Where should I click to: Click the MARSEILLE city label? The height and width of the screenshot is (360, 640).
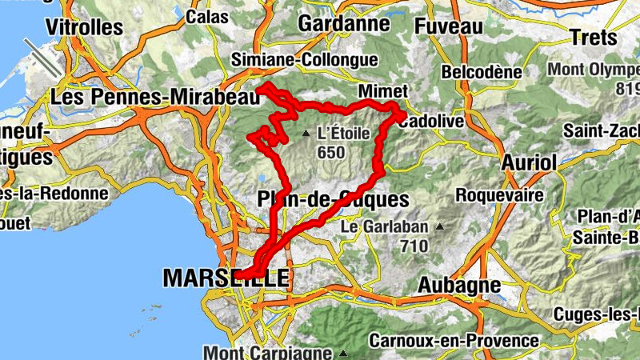[x=225, y=278]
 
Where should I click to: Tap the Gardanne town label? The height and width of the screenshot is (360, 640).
[x=343, y=24]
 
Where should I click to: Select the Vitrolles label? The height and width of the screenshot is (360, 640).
[x=83, y=26]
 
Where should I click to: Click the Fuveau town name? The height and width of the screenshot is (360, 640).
[x=449, y=26]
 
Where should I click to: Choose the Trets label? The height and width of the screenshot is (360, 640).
[x=594, y=37]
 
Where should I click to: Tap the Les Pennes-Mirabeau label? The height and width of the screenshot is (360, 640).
[x=155, y=97]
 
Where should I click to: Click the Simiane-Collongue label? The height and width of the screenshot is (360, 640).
[x=304, y=59]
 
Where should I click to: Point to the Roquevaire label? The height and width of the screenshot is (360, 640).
[x=499, y=194]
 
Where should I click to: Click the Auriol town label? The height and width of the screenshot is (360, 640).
[x=528, y=162]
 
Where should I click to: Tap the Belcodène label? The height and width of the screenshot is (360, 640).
[x=482, y=72]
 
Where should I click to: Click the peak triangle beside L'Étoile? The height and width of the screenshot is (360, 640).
[x=306, y=134]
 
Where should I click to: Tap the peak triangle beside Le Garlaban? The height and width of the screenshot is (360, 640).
[x=439, y=227]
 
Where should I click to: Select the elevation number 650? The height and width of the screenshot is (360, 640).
[x=330, y=152]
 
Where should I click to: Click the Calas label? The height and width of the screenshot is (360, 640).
[x=206, y=16]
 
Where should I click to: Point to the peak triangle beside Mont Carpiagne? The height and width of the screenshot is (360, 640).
[x=343, y=353]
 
